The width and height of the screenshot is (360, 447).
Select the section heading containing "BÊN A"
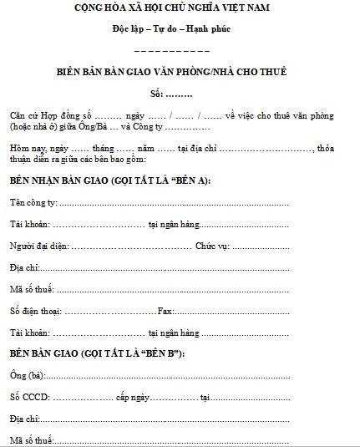click(x=110, y=180)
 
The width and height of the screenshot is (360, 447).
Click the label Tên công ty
click(x=33, y=203)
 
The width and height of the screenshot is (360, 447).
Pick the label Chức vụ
click(x=211, y=246)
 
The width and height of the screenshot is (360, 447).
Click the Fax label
click(x=165, y=311)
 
